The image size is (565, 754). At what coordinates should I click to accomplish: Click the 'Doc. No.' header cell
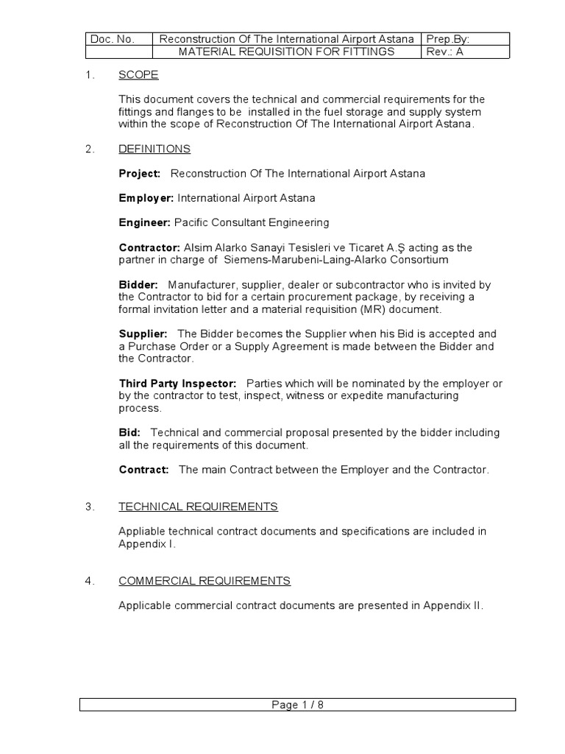click(x=110, y=39)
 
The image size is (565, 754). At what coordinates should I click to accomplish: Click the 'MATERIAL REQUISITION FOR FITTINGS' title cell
click(x=287, y=52)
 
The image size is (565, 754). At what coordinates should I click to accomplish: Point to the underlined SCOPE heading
click(x=138, y=74)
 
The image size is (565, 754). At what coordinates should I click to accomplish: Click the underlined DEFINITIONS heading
click(x=154, y=149)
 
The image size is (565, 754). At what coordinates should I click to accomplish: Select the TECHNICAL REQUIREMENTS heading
click(x=198, y=507)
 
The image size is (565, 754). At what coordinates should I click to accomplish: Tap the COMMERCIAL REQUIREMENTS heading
click(x=205, y=581)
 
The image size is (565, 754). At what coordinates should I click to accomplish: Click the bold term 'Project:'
click(x=140, y=173)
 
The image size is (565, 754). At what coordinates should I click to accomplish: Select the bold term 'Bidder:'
click(x=138, y=284)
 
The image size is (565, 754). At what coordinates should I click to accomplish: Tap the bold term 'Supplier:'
click(x=143, y=334)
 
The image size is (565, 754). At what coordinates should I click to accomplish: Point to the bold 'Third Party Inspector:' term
click(x=177, y=384)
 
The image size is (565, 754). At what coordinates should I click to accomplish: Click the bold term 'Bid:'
click(x=130, y=433)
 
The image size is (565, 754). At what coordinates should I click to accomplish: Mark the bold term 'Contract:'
click(x=144, y=470)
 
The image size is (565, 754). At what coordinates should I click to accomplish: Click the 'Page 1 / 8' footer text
click(x=297, y=705)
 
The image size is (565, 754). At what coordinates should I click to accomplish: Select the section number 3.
click(x=89, y=507)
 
